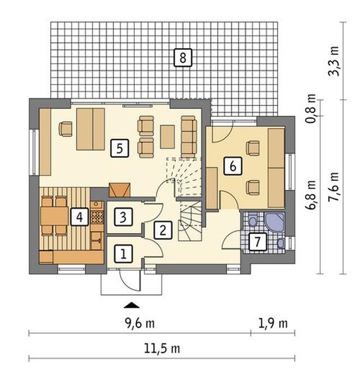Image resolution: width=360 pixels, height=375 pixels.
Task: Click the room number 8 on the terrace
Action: coord(183,58)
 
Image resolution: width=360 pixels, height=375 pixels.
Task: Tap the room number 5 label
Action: coord(120,148)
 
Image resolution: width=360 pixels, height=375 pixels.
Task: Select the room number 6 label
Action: coord(233,166)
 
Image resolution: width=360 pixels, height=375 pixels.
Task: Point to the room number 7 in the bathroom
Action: coord(257,242)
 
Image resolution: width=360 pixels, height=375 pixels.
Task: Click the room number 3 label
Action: coord(123,217)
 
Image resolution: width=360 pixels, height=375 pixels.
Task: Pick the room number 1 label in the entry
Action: coord(123,254)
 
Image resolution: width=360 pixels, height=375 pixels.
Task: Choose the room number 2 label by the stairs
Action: coord(163,230)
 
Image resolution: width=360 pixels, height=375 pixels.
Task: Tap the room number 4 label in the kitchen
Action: coord(80,217)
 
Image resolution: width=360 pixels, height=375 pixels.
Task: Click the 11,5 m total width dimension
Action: coord(162,348)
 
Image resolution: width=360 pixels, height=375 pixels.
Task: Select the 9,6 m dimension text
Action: coord(140,323)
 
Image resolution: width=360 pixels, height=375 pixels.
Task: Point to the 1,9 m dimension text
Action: coord(273,323)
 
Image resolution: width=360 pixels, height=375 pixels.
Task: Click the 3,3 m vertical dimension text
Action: coord(334,61)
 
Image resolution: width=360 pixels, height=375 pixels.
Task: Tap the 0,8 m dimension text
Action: coord(311,108)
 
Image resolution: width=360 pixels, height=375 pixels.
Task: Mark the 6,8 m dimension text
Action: coord(311,195)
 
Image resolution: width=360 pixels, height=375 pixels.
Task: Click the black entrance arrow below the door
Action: coord(131,305)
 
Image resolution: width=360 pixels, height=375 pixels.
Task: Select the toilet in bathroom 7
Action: coord(253,220)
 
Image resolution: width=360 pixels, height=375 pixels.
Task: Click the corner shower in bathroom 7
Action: coord(274,222)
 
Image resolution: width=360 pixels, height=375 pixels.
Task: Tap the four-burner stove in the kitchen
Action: coord(97,217)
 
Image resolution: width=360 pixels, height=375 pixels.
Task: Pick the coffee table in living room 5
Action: coord(167,137)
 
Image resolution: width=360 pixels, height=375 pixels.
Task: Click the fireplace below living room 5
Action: coord(119,190)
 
